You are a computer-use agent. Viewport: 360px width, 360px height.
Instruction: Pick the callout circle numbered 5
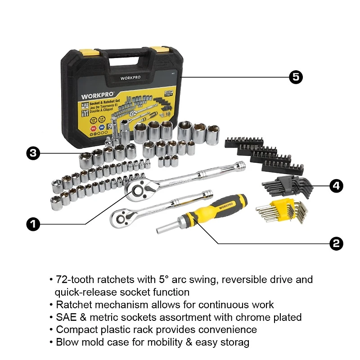[296, 77]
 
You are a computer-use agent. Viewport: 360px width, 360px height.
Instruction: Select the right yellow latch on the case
[158, 49]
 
